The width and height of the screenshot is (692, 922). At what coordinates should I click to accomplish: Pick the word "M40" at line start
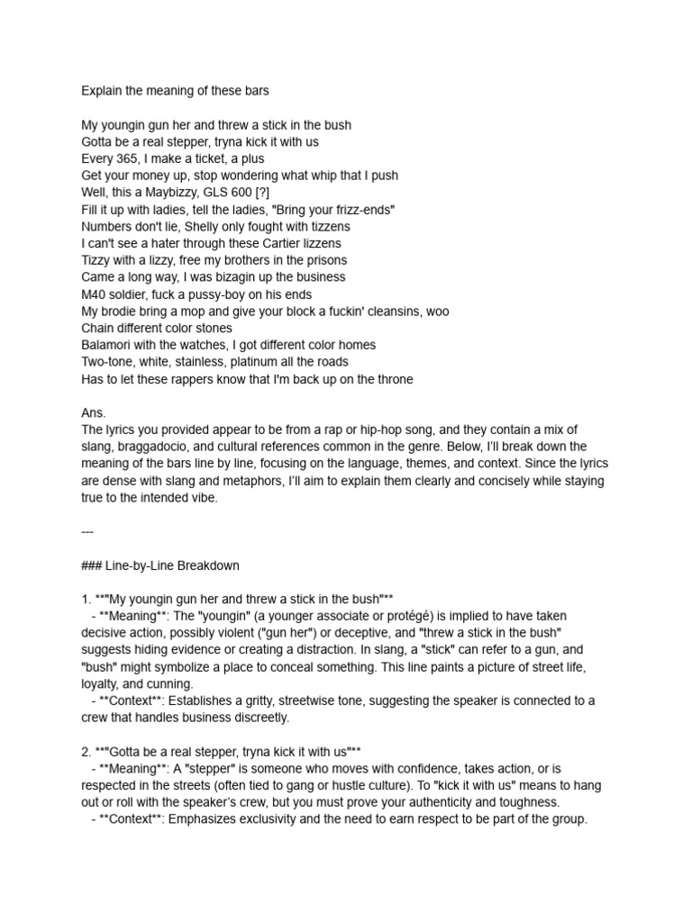click(x=95, y=294)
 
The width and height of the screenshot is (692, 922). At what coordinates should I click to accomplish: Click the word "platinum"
click(x=254, y=362)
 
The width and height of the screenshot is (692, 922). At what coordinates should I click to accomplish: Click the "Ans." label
click(x=94, y=412)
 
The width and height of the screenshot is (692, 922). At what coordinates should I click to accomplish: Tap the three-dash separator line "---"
click(x=87, y=531)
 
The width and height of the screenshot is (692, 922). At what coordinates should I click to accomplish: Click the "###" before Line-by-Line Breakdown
click(x=92, y=565)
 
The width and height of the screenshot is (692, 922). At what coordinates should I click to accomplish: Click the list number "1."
click(x=86, y=599)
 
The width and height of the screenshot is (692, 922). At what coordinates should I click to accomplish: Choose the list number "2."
click(x=86, y=751)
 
